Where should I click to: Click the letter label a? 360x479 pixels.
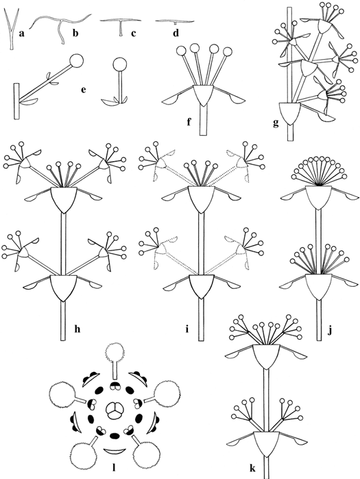[21, 34]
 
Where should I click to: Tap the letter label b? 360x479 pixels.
[75, 33]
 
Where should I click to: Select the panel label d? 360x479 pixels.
[176, 33]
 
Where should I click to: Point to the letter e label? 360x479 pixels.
[84, 90]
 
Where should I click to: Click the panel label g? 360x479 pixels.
[276, 124]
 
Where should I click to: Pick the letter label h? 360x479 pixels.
[77, 329]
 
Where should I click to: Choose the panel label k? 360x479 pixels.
[252, 468]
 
